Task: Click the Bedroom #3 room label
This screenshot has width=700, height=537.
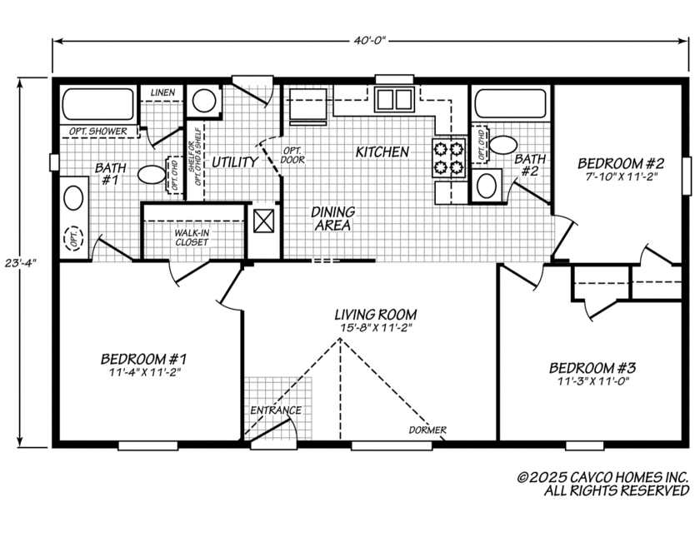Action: [x=592, y=367]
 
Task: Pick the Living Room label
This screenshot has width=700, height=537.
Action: [x=375, y=315]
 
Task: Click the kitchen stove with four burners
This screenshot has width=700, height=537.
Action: [x=447, y=158]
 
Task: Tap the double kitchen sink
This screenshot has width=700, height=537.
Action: [x=393, y=99]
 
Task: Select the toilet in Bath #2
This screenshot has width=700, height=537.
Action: [x=502, y=145]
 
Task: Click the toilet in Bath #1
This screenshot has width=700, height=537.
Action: [x=152, y=175]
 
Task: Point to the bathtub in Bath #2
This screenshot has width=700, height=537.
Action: [x=510, y=105]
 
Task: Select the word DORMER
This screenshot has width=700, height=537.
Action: [x=428, y=430]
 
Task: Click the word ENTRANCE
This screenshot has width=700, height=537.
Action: [x=276, y=410]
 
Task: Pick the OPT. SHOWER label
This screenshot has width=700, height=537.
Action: [x=95, y=132]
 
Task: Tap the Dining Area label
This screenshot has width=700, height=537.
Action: [x=333, y=218]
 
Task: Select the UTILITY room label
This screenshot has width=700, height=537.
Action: [x=234, y=162]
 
